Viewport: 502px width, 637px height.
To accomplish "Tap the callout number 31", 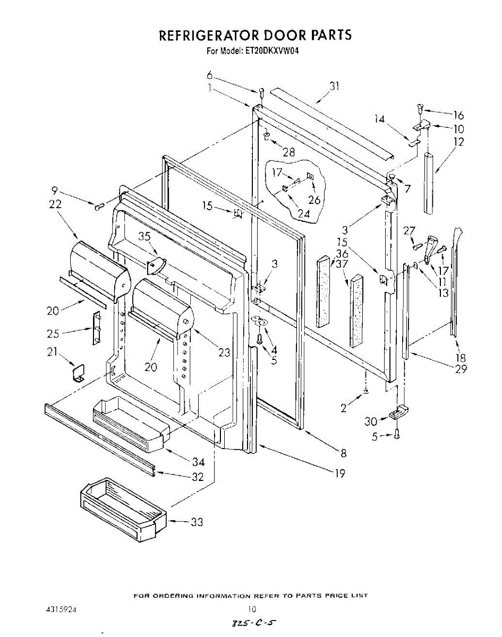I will pyautogui.click(x=334, y=86).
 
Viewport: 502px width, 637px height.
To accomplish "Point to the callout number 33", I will pyautogui.click(x=197, y=522).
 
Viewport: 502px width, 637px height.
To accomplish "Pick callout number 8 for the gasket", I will pyautogui.click(x=344, y=453).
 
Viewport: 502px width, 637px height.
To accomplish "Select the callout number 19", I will pyautogui.click(x=340, y=474).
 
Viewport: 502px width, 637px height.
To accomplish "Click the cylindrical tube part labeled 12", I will pyautogui.click(x=430, y=183).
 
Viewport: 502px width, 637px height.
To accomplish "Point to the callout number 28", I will pyautogui.click(x=288, y=153).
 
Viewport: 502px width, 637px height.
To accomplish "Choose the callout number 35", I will pyautogui.click(x=144, y=237).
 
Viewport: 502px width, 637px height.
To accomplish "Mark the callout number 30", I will pyautogui.click(x=371, y=421).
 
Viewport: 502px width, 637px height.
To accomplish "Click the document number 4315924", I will pyautogui.click(x=62, y=610).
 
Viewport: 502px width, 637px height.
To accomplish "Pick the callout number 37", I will pyautogui.click(x=342, y=264).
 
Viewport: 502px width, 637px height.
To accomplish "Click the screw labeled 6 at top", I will pyautogui.click(x=261, y=94).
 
